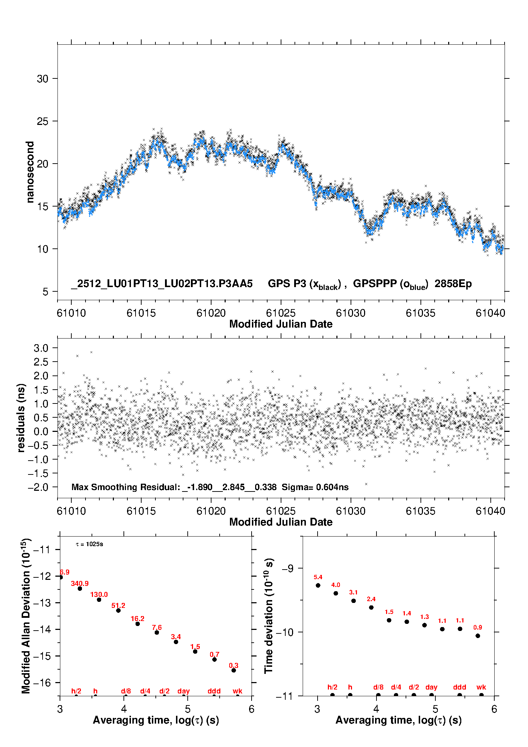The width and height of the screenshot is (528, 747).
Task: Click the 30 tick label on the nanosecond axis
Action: (x=42, y=79)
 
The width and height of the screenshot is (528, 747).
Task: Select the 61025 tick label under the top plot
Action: (x=281, y=313)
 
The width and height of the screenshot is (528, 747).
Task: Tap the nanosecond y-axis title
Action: (x=30, y=172)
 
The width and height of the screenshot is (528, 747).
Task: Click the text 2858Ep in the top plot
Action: (x=453, y=284)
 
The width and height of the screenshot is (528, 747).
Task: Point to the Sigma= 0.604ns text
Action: (x=315, y=487)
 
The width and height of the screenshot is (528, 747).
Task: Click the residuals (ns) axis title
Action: (x=21, y=418)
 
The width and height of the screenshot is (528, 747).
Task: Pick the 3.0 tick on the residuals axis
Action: (x=41, y=348)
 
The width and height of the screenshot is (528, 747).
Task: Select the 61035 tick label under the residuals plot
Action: (x=420, y=511)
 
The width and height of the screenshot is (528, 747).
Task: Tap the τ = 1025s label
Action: (x=89, y=544)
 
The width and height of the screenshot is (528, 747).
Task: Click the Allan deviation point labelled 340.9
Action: (x=80, y=588)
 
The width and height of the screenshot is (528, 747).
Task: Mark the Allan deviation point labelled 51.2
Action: (x=118, y=610)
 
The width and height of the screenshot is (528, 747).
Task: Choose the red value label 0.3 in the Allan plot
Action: (x=233, y=665)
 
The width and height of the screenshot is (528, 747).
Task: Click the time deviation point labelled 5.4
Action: (x=318, y=585)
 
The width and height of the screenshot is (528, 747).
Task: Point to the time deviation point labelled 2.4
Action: (x=371, y=607)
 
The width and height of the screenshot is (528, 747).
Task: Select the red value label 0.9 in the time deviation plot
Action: (x=478, y=627)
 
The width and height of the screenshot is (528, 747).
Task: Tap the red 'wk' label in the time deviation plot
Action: (x=481, y=687)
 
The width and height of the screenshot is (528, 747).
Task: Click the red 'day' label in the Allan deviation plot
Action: (x=183, y=691)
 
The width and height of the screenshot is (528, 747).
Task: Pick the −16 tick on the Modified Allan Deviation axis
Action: (x=42, y=682)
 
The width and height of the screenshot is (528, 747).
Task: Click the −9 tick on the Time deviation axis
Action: (x=288, y=569)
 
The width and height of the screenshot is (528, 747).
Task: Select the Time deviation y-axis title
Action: (x=269, y=616)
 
